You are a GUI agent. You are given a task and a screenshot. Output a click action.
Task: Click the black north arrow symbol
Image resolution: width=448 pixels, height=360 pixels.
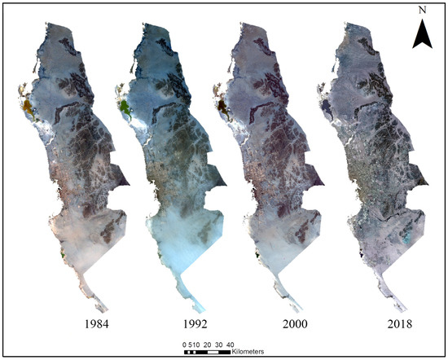pyautogui.click(x=421, y=34)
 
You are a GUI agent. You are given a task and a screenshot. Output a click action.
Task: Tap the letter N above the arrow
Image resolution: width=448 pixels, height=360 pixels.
pyautogui.click(x=421, y=11)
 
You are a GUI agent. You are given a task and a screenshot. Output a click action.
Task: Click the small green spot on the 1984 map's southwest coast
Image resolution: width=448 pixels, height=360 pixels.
pyautogui.click(x=63, y=256)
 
